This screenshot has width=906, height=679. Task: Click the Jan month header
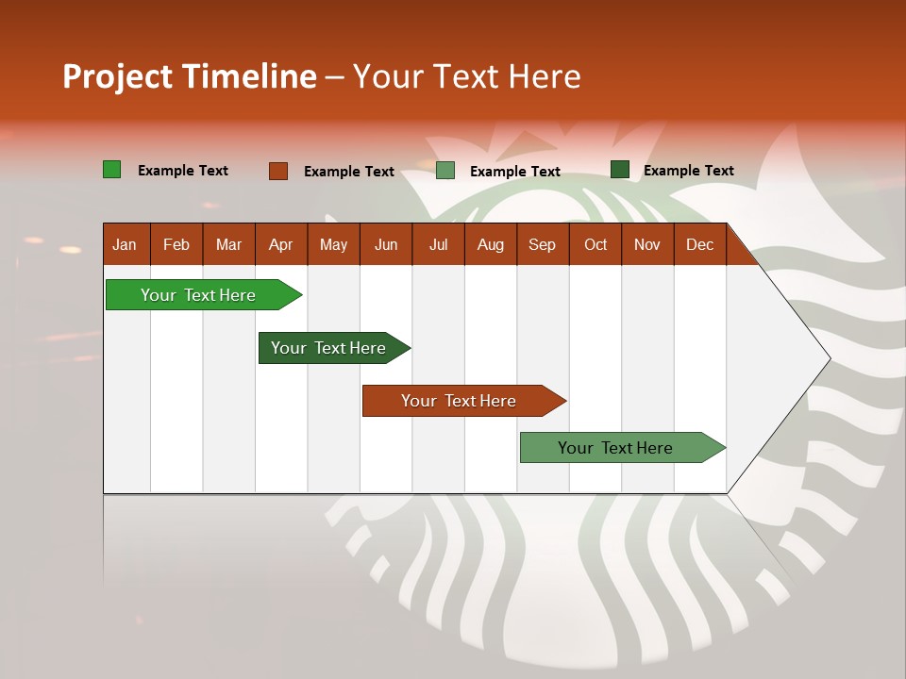[125, 245]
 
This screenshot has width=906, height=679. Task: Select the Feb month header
[176, 245]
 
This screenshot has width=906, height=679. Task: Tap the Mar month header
[228, 245]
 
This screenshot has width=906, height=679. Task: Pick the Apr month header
[280, 245]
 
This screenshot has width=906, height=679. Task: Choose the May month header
[333, 245]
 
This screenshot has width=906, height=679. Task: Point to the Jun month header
[386, 245]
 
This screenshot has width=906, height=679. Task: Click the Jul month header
[438, 245]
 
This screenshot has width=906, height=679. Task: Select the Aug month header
[490, 245]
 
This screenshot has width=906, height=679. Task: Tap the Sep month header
[542, 245]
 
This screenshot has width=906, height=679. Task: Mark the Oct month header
[596, 245]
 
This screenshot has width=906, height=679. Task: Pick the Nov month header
[647, 245]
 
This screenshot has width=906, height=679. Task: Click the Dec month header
[699, 245]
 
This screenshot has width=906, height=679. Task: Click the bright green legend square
[112, 170]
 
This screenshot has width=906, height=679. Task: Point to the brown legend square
[278, 171]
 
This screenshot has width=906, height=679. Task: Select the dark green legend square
[620, 170]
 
